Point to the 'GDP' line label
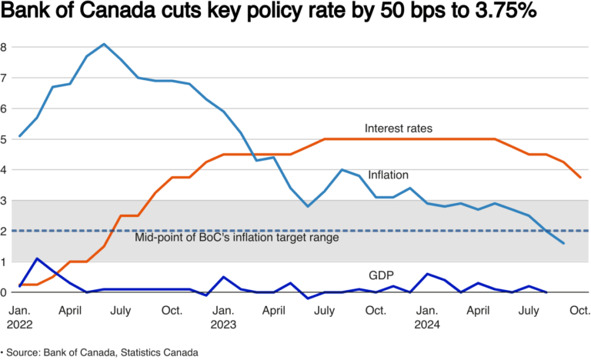[x=380, y=275]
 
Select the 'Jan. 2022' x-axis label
[x=19, y=318]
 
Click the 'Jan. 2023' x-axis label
[x=224, y=318]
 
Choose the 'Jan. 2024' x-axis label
[x=428, y=318]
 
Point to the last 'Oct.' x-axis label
[x=579, y=311]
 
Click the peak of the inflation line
[x=104, y=44]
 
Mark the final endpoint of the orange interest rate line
[x=579, y=178]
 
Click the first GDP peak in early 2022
[x=36, y=258]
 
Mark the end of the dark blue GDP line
[x=546, y=292]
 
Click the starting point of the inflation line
[x=19, y=136]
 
